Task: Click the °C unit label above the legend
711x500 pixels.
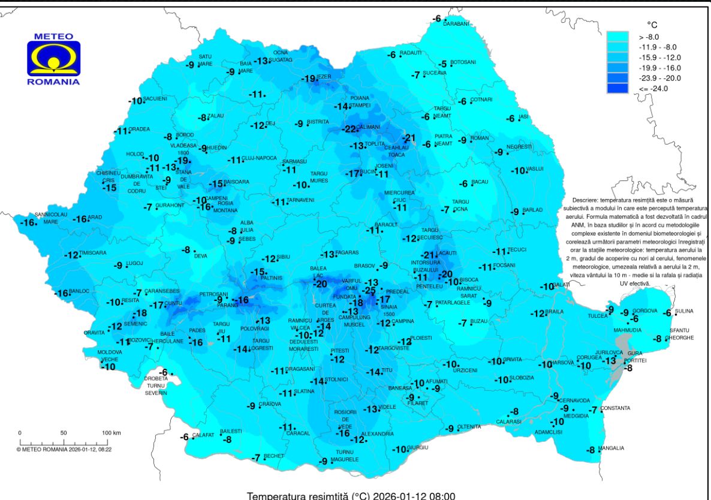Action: [x=652, y=25]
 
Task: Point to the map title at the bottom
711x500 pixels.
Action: [x=355, y=495]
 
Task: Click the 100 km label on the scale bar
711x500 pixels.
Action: [x=111, y=432]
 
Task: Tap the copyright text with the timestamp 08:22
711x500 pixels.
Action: [x=68, y=448]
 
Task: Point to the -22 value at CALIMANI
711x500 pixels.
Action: [x=349, y=129]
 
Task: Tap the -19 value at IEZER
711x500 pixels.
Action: [x=308, y=79]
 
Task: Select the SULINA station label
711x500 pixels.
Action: [x=684, y=311]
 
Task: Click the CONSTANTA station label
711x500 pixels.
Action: [x=615, y=408]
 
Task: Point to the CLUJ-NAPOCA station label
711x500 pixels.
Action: [x=260, y=158]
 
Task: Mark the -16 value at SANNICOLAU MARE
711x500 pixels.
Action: [x=28, y=223]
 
